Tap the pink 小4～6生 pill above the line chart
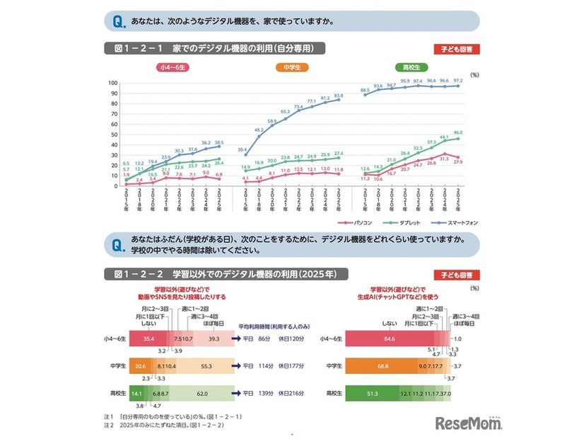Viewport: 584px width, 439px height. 173,67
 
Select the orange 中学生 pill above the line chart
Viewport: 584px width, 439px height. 291,67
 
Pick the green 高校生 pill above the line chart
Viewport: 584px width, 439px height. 408,67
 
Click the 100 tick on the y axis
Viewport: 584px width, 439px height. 112,83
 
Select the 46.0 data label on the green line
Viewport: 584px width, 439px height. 457,133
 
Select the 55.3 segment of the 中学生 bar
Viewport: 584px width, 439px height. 207,366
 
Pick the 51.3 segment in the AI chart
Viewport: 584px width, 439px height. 371,393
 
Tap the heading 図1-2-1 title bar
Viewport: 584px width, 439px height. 214,48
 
